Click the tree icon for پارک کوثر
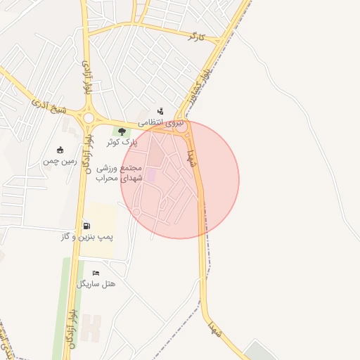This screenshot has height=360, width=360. coord(122,131)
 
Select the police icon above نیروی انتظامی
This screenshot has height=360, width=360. coord(161,111)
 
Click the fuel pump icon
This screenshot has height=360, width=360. coord(86,226)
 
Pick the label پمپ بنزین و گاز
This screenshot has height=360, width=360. coord(87,237)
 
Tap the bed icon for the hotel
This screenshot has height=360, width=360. coord(96,273)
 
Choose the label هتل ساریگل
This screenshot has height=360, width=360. coord(97,283)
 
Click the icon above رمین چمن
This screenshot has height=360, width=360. coord(60,150)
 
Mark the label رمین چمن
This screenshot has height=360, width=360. coord(58,161)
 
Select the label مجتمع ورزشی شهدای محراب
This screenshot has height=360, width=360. coord(125,174)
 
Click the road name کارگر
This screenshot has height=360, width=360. coord(196,36)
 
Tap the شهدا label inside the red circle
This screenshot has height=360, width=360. coord(191,156)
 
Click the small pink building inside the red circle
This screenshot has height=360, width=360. coord(152,174)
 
